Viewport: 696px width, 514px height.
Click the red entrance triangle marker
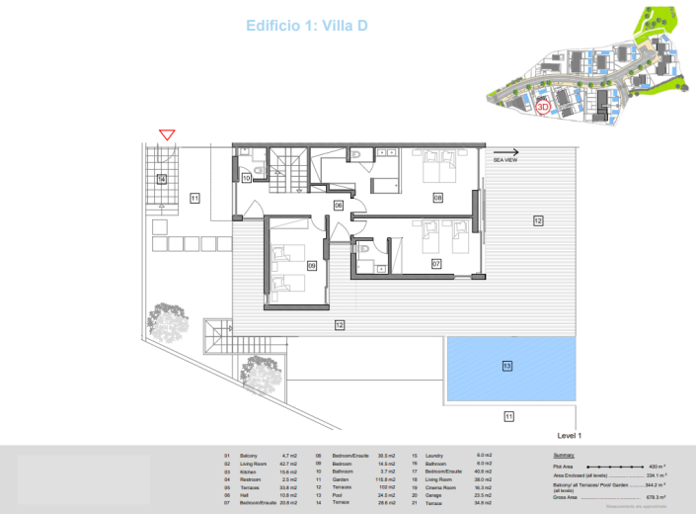coord(167,134)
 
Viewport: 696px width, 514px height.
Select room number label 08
coord(437,198)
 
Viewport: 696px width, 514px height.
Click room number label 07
coord(435,264)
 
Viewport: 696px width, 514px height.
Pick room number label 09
coord(311,264)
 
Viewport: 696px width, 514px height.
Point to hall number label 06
coord(338,206)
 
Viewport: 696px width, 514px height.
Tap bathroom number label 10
coord(247,178)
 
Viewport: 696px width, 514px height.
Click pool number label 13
coord(506,366)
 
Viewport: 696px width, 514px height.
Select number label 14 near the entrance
coord(161,179)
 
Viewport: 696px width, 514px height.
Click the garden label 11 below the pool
coord(508,416)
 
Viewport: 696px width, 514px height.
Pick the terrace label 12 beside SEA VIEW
coord(538,220)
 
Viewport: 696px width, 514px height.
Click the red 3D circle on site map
coord(542,108)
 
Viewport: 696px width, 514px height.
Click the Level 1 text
coord(570,435)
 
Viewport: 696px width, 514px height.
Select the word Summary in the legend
coord(567,456)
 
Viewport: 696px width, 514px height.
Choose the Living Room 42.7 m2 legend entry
coord(262,464)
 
